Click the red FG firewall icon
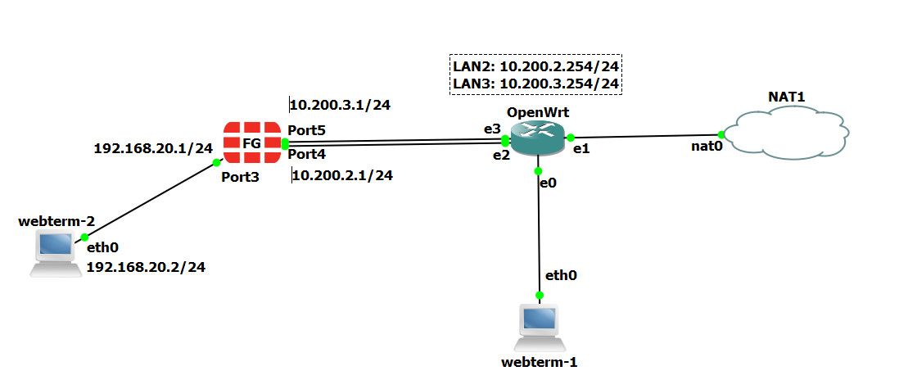tap(251, 142)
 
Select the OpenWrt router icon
tap(537, 136)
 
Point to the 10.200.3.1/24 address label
tap(341, 105)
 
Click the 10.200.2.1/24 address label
tap(342, 175)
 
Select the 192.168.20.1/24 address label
tap(153, 148)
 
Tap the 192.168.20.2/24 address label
tap(145, 267)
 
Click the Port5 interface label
tap(307, 130)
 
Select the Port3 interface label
tap(240, 178)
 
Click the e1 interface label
tap(580, 149)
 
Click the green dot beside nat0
tap(721, 134)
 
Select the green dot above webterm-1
tap(540, 295)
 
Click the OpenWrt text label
tap(537, 112)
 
